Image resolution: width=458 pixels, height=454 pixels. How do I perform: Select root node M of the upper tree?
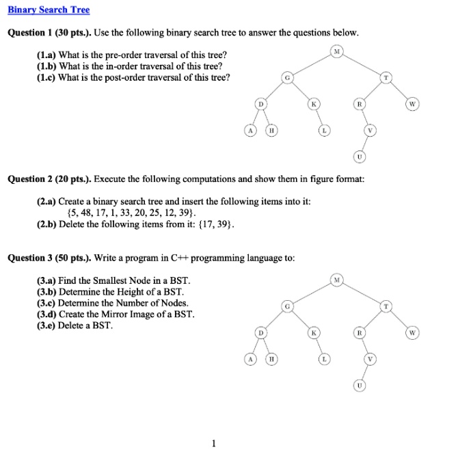point(336,51)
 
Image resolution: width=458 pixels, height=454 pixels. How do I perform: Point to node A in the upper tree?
point(251,130)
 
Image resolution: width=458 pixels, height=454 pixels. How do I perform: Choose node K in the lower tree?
point(314,333)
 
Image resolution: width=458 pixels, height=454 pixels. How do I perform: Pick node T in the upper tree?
point(386,77)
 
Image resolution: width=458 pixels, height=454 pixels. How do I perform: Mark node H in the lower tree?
point(271,359)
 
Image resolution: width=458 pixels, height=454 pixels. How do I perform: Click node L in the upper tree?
point(325,130)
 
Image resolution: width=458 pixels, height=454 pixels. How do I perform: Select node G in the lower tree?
point(288,307)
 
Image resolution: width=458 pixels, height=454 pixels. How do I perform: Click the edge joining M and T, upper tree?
point(362,64)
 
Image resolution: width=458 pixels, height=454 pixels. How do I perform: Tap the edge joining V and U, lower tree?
point(366,373)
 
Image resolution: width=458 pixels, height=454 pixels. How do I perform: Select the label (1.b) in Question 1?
point(46,66)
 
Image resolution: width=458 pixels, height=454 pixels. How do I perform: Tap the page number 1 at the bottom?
point(215,444)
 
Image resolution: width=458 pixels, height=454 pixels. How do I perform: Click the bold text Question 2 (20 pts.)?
point(48,180)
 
